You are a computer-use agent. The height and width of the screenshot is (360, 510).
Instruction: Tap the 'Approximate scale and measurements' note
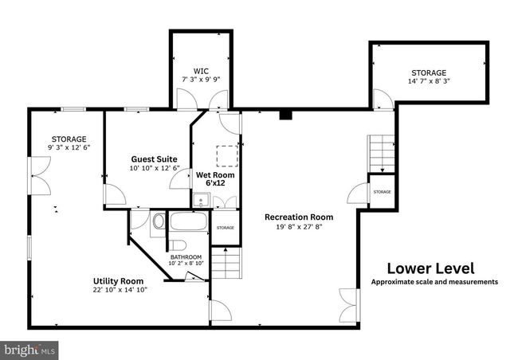coord(434,282)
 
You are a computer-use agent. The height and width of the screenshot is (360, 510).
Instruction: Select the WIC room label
coord(200,69)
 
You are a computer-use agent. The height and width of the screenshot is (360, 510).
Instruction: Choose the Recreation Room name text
coord(299,217)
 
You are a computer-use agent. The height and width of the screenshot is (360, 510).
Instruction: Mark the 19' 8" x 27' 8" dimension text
coord(299,227)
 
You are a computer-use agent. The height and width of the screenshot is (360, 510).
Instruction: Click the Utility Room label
coord(118,280)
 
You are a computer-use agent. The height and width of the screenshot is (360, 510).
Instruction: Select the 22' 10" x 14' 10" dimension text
coord(120,290)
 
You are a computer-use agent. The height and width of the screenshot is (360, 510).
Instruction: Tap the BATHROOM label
coord(186,257)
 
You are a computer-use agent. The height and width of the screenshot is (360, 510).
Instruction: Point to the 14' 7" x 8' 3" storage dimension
coord(429,81)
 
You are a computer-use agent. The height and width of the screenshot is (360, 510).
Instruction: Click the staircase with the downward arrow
coord(381,153)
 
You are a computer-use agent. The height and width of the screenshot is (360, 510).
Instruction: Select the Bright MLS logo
coord(29,349)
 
